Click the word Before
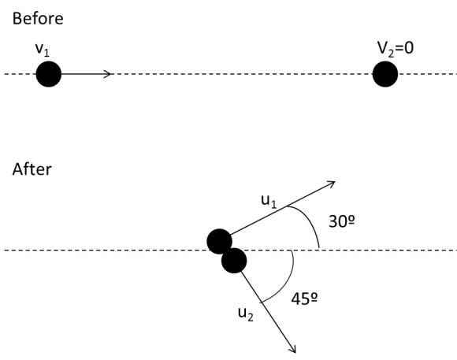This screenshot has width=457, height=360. point(38,18)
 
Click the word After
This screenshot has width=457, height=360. point(32,169)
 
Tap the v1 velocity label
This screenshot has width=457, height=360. point(43,50)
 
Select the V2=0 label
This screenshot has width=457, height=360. point(396,48)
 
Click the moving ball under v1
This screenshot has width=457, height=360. point(49,74)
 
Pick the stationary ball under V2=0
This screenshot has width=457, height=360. point(385,74)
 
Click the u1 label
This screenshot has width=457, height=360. point(269,202)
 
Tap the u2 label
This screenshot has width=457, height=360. point(246,314)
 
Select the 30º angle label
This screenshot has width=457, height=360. point(342,221)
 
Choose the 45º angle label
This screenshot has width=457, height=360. point(304,299)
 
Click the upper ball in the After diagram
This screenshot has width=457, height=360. point(220,241)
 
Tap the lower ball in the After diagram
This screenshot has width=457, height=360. point(234,261)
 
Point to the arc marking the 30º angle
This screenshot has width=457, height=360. point(310,222)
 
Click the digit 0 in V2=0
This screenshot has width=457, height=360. point(409,48)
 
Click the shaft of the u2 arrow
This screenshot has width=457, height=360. point(269,312)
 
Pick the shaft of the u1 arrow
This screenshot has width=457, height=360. point(283,208)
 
